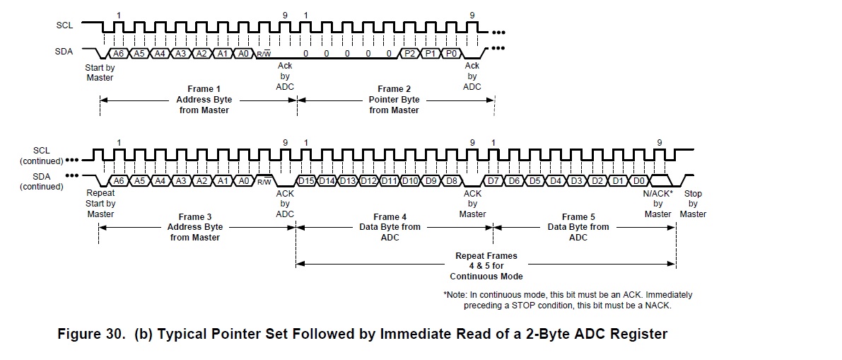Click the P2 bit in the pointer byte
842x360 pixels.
pos(409,53)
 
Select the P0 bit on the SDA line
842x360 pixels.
pos(451,53)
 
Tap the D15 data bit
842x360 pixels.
pos(306,180)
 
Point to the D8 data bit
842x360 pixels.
pos(451,180)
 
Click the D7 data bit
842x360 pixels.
pos(493,180)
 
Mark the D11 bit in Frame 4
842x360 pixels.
pos(389,180)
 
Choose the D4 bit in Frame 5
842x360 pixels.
pos(556,180)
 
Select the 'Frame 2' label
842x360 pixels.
pos(394,89)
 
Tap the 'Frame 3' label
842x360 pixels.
pos(194,216)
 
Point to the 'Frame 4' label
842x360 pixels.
pos(390,216)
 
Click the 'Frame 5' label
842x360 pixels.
pos(578,216)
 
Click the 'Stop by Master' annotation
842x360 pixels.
pos(693,204)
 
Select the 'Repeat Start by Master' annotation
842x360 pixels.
pos(100,204)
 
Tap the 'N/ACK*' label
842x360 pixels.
pos(657,194)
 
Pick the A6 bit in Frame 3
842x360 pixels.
pos(119,180)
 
